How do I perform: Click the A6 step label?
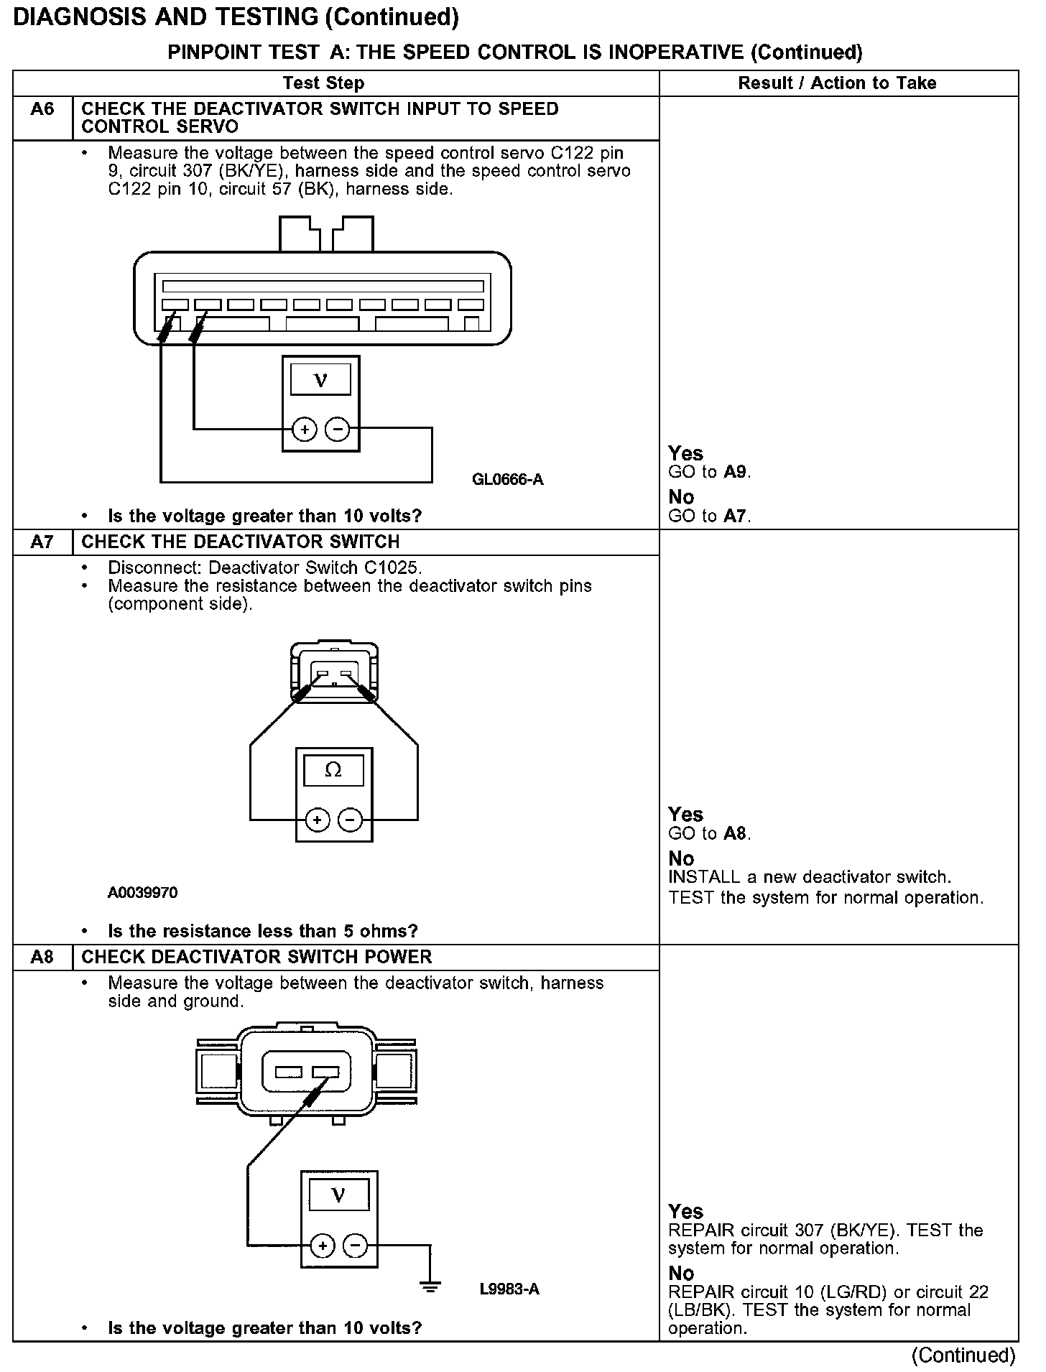click(x=42, y=110)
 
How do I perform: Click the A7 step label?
click(x=42, y=542)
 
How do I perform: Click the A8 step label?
click(x=42, y=958)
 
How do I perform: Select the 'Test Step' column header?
click(x=323, y=83)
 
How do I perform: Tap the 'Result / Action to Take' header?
click(x=837, y=83)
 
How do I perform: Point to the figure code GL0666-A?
click(x=507, y=479)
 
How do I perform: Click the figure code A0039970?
click(x=142, y=893)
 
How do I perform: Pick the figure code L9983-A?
click(x=509, y=1289)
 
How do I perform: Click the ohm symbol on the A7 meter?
click(x=333, y=770)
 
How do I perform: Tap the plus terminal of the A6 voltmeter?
click(x=305, y=430)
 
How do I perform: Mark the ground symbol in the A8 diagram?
click(x=430, y=1287)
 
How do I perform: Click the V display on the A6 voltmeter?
click(x=320, y=379)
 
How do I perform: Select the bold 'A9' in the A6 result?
click(x=736, y=473)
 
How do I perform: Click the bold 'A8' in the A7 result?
click(x=736, y=834)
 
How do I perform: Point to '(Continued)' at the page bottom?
click(x=963, y=1355)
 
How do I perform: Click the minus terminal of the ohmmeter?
click(x=351, y=819)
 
